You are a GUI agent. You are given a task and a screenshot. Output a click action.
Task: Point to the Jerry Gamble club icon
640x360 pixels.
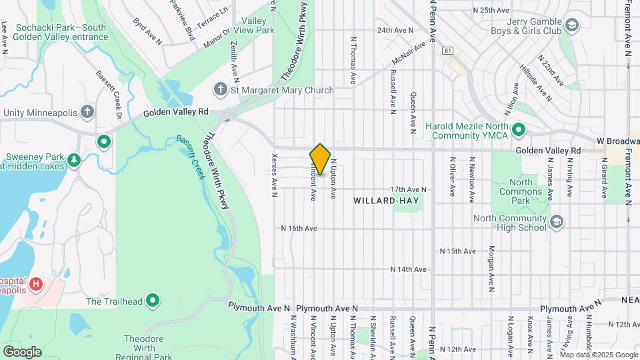(x=571, y=25)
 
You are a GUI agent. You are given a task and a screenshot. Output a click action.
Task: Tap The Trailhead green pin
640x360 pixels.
(x=153, y=301)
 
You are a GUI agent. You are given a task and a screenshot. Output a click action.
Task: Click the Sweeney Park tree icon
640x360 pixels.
(x=73, y=160)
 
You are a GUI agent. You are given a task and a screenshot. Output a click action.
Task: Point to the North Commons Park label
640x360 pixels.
(x=521, y=187)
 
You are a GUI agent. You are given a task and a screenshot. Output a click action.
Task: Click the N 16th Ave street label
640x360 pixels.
(x=299, y=228)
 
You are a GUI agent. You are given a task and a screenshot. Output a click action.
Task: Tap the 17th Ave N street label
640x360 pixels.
(x=408, y=190)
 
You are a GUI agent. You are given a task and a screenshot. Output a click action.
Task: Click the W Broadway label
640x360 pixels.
(x=618, y=141)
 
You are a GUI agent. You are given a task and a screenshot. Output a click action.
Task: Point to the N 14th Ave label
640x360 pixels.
(x=409, y=269)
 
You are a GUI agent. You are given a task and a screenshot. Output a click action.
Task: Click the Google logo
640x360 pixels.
(x=22, y=351)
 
